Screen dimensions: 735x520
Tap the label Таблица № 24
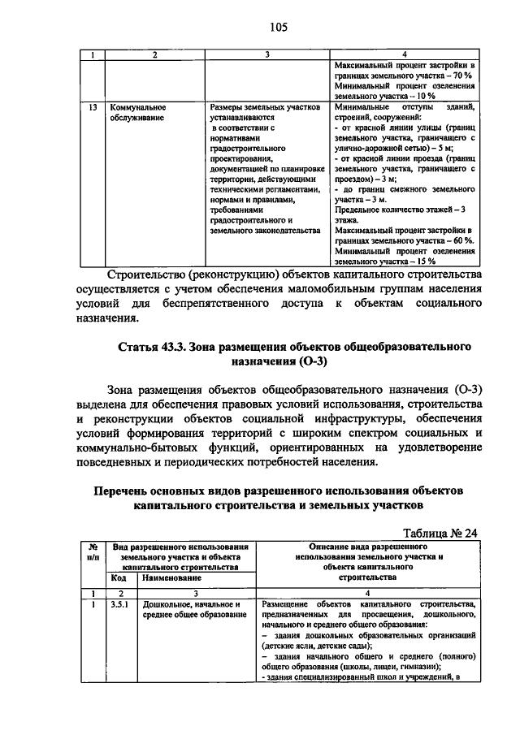(439, 533)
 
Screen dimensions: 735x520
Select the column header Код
(119, 578)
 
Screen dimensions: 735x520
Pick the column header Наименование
(170, 578)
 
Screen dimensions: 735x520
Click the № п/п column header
(93, 552)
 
